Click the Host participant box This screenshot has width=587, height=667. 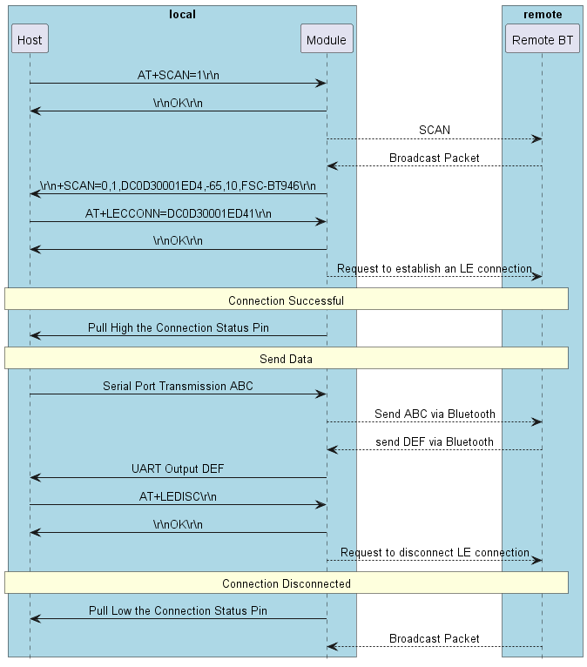30,39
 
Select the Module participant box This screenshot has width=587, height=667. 327,39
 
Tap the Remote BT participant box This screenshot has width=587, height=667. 542,39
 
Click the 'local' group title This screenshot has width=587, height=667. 182,14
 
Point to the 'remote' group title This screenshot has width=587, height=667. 542,14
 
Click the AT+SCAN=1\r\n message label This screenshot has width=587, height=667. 178,75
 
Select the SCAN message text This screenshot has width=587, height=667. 434,130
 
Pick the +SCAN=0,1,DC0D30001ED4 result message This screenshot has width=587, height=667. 178,185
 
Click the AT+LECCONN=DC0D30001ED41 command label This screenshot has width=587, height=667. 178,213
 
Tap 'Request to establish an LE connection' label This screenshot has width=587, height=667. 434,269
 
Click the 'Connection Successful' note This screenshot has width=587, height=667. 286,300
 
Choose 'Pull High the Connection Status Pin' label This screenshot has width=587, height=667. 178,328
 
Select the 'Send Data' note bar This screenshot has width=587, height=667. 286,359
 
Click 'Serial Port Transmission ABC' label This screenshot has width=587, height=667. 178,386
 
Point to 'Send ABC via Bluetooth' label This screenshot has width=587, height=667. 434,414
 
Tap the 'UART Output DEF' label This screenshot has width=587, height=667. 178,469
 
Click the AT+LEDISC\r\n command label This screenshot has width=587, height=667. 178,496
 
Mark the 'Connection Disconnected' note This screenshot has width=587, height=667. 286,583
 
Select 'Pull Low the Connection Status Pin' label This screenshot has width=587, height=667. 178,611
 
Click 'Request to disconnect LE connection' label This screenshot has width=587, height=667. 434,552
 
